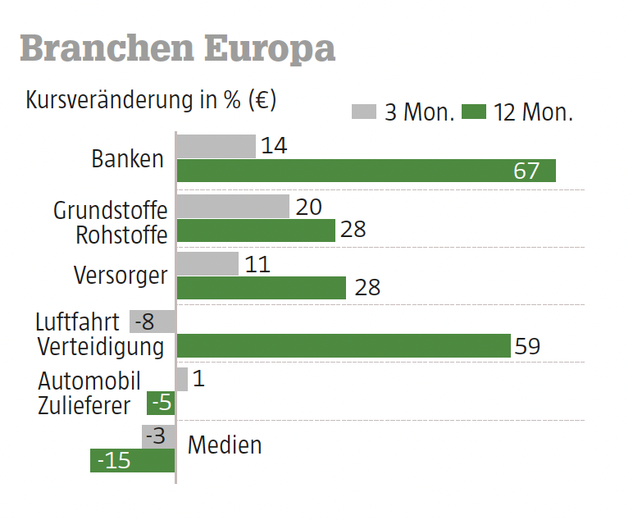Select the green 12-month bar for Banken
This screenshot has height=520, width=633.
366,171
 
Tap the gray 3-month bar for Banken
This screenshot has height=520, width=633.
216,146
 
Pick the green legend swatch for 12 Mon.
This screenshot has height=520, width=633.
474,112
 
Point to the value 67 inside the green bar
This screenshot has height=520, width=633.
526,171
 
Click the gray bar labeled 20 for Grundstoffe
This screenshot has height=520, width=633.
233,207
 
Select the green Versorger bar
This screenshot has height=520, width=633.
262,288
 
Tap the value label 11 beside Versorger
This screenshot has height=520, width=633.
257,264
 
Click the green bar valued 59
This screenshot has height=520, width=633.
344,346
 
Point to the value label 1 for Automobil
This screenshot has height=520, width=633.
199,379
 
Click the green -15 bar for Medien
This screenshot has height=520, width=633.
133,461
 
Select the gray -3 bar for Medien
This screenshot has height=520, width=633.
158,436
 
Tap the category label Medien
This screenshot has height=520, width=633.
225,445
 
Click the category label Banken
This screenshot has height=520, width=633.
128,158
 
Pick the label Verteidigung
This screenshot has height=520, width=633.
101,346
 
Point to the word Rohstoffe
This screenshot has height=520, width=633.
121,235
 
